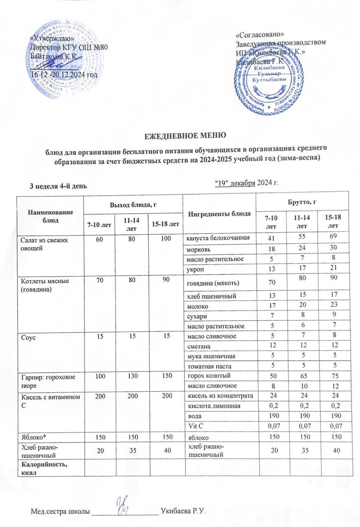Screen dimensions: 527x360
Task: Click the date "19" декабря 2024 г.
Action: click(247, 183)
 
